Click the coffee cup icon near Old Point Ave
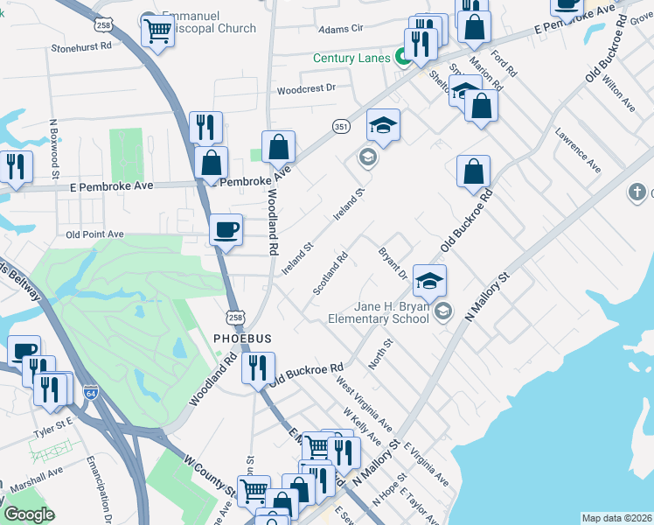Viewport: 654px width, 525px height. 226,230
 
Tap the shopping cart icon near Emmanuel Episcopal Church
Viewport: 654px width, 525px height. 157,31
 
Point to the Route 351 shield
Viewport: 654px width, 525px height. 341,127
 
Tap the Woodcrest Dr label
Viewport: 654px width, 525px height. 306,88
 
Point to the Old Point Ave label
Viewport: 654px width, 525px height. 95,234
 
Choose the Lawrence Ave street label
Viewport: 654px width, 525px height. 579,150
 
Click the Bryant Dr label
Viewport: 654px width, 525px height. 393,264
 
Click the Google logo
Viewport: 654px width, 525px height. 30,514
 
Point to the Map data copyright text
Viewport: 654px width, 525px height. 616,518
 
